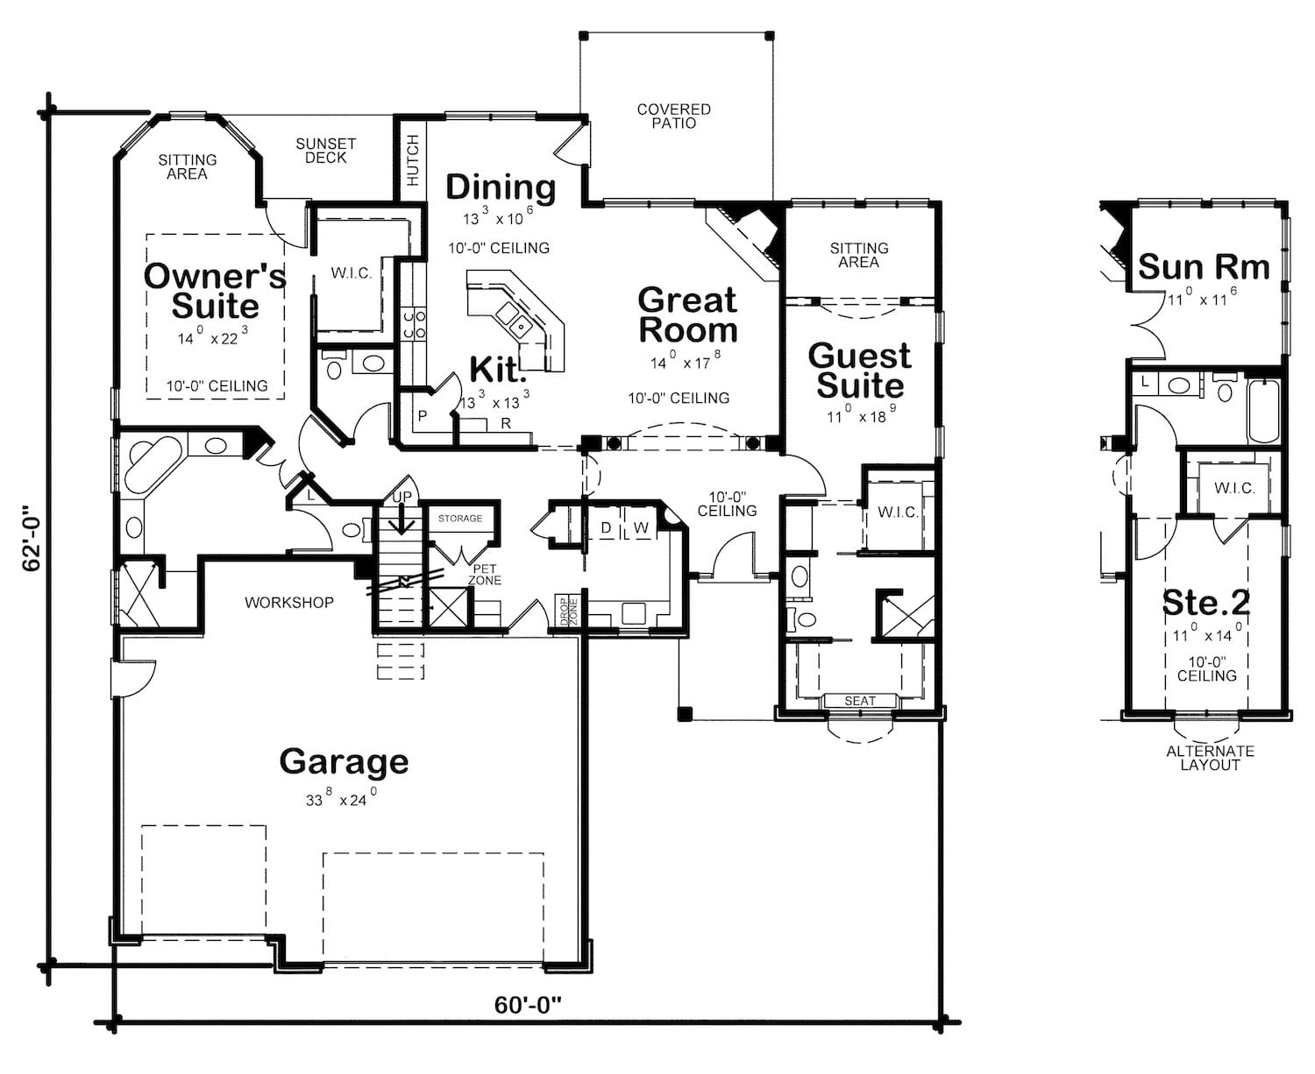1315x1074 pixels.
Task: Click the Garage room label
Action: point(344,762)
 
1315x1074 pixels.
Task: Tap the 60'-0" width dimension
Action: point(527,1005)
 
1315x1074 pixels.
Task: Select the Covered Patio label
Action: point(673,117)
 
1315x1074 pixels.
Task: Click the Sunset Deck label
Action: point(325,151)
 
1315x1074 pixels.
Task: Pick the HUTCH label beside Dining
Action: point(412,159)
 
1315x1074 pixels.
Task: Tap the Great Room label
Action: point(687,314)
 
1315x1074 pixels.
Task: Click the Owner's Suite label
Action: point(215,291)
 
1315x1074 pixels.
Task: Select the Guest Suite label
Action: point(859,371)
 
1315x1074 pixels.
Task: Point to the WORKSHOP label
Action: point(288,603)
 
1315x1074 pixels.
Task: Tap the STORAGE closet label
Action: point(460,519)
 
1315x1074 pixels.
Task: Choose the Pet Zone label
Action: point(484,575)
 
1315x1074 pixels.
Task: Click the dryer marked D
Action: point(605,528)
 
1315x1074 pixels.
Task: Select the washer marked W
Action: point(641,528)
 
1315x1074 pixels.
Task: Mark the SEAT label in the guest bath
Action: point(859,701)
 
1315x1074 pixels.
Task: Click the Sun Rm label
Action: point(1203,267)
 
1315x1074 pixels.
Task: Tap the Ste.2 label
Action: point(1205,603)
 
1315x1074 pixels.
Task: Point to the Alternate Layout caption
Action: point(1210,758)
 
